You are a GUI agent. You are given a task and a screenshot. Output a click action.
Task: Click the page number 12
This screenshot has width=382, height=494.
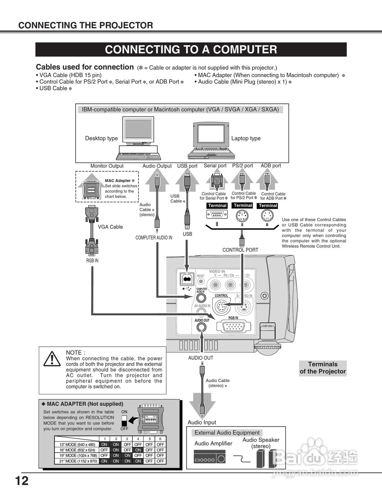(22, 481)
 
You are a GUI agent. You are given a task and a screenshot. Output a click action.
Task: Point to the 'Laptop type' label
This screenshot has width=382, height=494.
(246, 139)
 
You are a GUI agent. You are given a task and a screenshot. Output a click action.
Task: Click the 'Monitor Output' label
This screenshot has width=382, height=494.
(107, 166)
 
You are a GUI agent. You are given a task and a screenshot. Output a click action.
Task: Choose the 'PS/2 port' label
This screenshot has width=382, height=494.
(243, 166)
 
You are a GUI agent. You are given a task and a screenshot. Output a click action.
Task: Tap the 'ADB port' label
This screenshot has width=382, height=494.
(271, 166)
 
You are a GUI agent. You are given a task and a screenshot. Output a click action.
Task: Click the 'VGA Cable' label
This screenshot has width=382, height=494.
(110, 227)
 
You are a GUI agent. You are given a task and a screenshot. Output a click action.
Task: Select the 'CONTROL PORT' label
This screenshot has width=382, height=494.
(240, 250)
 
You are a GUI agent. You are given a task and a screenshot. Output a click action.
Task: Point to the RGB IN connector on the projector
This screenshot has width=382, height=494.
(233, 327)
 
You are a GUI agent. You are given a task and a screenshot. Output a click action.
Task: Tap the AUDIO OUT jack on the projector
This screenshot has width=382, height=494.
(201, 327)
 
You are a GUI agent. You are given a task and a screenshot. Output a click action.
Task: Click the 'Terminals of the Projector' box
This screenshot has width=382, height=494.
(323, 368)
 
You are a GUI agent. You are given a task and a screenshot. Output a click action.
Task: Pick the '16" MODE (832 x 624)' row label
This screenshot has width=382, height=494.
(77, 450)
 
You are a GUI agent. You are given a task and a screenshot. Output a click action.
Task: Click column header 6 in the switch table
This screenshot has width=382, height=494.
(160, 439)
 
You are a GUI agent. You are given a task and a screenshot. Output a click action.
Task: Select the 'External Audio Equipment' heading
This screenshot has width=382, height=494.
(227, 433)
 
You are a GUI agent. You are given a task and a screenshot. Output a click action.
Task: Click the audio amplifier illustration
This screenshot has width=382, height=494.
(209, 458)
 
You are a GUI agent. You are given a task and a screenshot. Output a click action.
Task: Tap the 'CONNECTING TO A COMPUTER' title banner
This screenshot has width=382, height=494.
(191, 50)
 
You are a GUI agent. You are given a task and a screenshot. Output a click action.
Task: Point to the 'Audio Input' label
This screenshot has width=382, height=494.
(202, 422)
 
